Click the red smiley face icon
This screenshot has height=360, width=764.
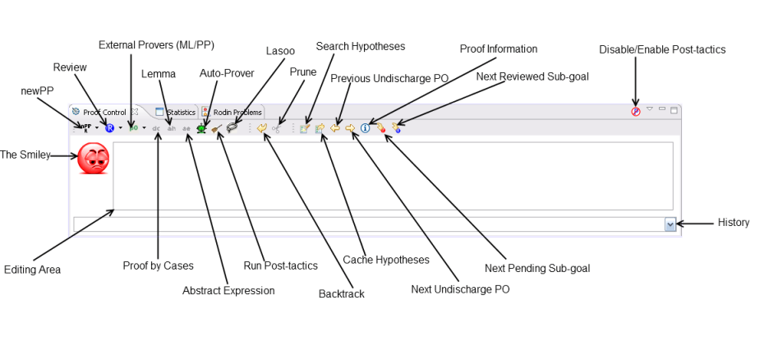point(93,158)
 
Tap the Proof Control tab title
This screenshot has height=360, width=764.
point(104,112)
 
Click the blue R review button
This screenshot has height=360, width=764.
point(109,127)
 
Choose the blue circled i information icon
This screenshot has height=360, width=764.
point(366,127)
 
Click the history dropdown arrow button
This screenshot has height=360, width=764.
point(670,224)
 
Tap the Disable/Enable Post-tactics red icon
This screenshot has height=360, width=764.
point(635,111)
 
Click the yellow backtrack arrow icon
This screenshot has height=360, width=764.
point(261,127)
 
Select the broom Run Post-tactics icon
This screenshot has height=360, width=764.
point(217,127)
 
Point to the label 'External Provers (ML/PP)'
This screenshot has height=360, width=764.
point(156,44)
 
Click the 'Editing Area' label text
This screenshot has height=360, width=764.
point(32,269)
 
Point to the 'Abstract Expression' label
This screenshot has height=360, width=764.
point(228,290)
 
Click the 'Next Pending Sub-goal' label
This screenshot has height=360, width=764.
point(537,268)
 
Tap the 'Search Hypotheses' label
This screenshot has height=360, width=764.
point(361,46)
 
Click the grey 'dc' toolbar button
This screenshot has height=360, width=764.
point(156,128)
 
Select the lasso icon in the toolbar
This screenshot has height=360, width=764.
point(232,127)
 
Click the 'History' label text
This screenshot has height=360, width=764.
point(734,223)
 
